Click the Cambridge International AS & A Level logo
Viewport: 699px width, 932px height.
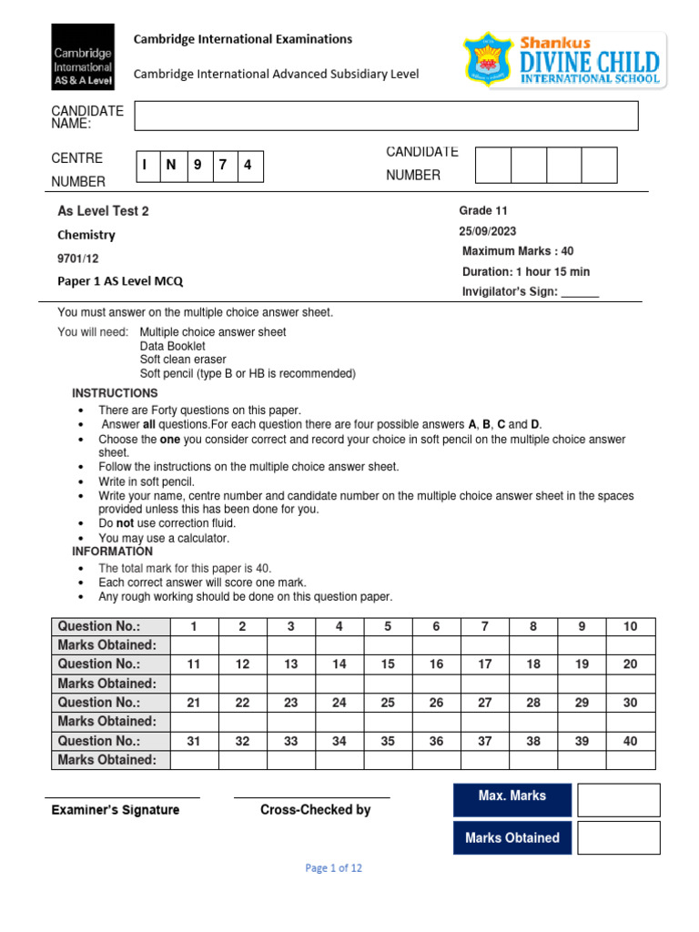click(83, 56)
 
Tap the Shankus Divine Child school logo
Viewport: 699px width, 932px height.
click(564, 60)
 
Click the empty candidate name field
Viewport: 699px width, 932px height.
click(386, 116)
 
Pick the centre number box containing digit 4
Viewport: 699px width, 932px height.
click(248, 166)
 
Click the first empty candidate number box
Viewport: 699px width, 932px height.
click(493, 165)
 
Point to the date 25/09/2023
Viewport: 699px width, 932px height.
click(488, 231)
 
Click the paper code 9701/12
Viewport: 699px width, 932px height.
click(78, 258)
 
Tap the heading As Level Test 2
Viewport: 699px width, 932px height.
click(103, 211)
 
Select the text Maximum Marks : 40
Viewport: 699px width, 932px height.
click(518, 251)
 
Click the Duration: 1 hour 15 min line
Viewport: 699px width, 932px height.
click(525, 271)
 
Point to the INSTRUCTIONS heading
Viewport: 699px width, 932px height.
click(115, 393)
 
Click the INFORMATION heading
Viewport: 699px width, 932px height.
click(113, 552)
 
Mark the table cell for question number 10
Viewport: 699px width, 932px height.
click(631, 626)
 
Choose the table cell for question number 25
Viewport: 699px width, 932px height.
click(388, 703)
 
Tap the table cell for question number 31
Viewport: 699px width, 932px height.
click(194, 741)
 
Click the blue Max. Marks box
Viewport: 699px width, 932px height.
click(512, 796)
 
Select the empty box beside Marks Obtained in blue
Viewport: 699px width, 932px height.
click(618, 838)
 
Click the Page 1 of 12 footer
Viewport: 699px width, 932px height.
click(334, 868)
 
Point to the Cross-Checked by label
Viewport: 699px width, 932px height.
click(315, 809)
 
